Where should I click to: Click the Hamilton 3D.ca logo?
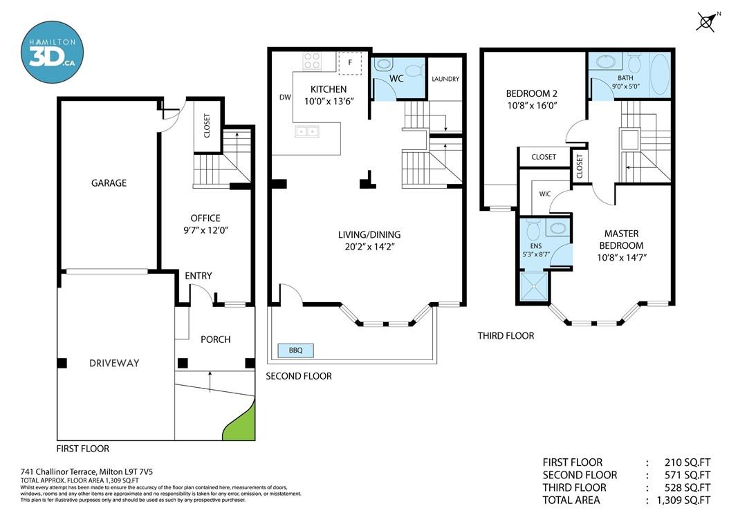[x=52, y=52]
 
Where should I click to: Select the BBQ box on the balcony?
[x=296, y=350]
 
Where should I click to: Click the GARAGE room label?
[x=109, y=183]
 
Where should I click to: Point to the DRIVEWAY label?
[x=114, y=364]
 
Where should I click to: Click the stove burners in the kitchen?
[x=312, y=61]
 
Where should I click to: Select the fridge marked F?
[x=350, y=63]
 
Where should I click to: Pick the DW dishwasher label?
[x=285, y=97]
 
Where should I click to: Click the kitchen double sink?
[x=306, y=131]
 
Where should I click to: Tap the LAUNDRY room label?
[x=445, y=79]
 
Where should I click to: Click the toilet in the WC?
[x=414, y=71]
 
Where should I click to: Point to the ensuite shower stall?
[x=534, y=288]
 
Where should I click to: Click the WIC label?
[x=545, y=194]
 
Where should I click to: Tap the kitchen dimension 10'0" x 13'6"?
[x=329, y=102]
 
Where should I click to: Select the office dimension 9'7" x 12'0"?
[x=205, y=230]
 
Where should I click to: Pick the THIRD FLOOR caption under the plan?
[x=506, y=335]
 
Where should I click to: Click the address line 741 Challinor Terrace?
[x=86, y=472]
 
